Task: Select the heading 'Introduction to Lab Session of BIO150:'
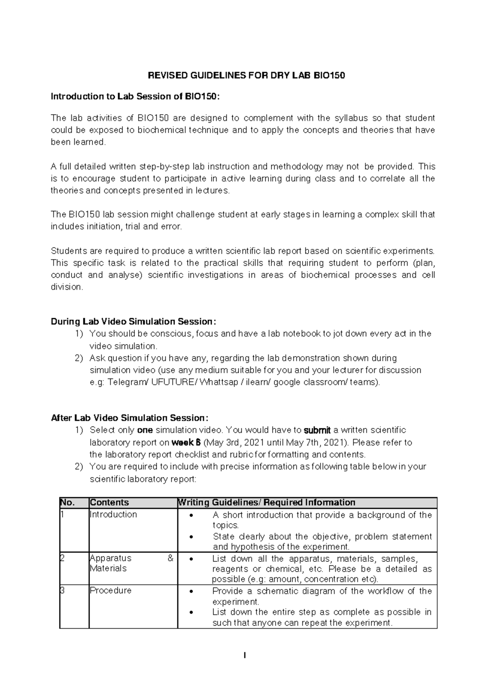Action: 135,97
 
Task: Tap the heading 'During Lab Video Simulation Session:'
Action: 133,322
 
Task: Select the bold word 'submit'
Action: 317,430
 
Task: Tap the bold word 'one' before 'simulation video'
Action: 145,430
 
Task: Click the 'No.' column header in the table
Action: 67,502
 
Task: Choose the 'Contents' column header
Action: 109,502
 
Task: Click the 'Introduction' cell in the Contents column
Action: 113,514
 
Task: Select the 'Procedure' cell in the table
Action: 111,590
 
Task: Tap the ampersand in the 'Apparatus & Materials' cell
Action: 170,558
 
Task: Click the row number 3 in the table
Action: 62,590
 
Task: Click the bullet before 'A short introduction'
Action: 190,516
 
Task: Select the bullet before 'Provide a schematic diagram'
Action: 190,591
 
